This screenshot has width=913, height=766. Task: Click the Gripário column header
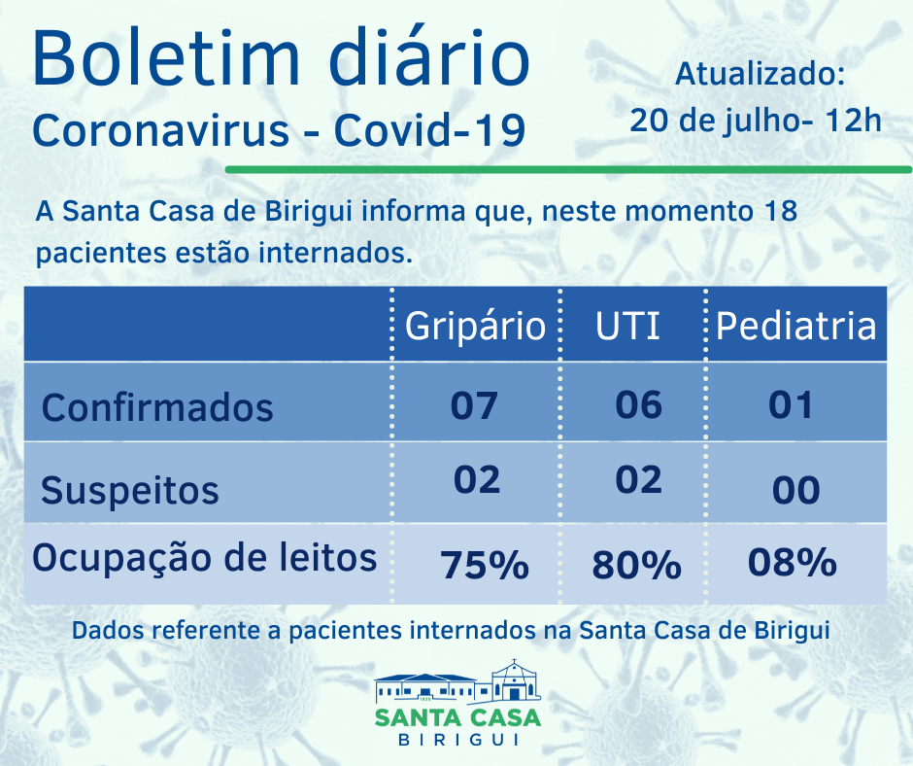[475, 326]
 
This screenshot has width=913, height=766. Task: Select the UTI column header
[628, 326]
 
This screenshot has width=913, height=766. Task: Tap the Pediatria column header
[795, 326]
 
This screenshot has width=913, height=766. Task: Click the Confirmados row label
[157, 406]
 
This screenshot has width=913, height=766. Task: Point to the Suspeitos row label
[130, 490]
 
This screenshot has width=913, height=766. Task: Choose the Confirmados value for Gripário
[474, 404]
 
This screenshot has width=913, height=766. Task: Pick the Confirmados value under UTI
[639, 403]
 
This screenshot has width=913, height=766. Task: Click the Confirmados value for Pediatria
[792, 403]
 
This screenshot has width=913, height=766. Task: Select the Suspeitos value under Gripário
[476, 479]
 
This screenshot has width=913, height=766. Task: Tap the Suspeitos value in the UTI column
[639, 479]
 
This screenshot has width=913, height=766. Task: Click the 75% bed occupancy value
[484, 565]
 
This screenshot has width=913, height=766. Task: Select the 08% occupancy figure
[793, 562]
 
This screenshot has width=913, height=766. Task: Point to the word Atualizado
[761, 74]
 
